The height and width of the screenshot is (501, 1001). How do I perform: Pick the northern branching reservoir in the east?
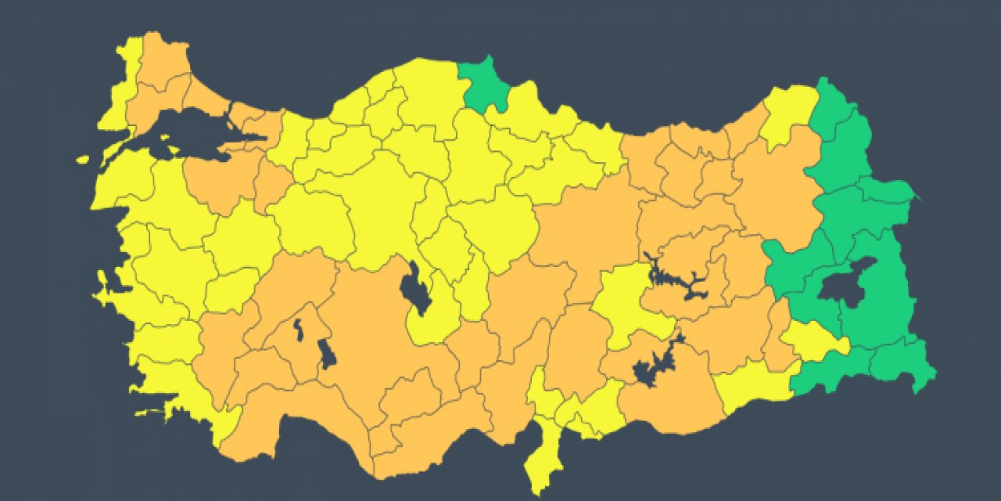pos(676,282)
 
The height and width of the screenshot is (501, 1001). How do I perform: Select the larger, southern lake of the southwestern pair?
pos(328,354)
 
